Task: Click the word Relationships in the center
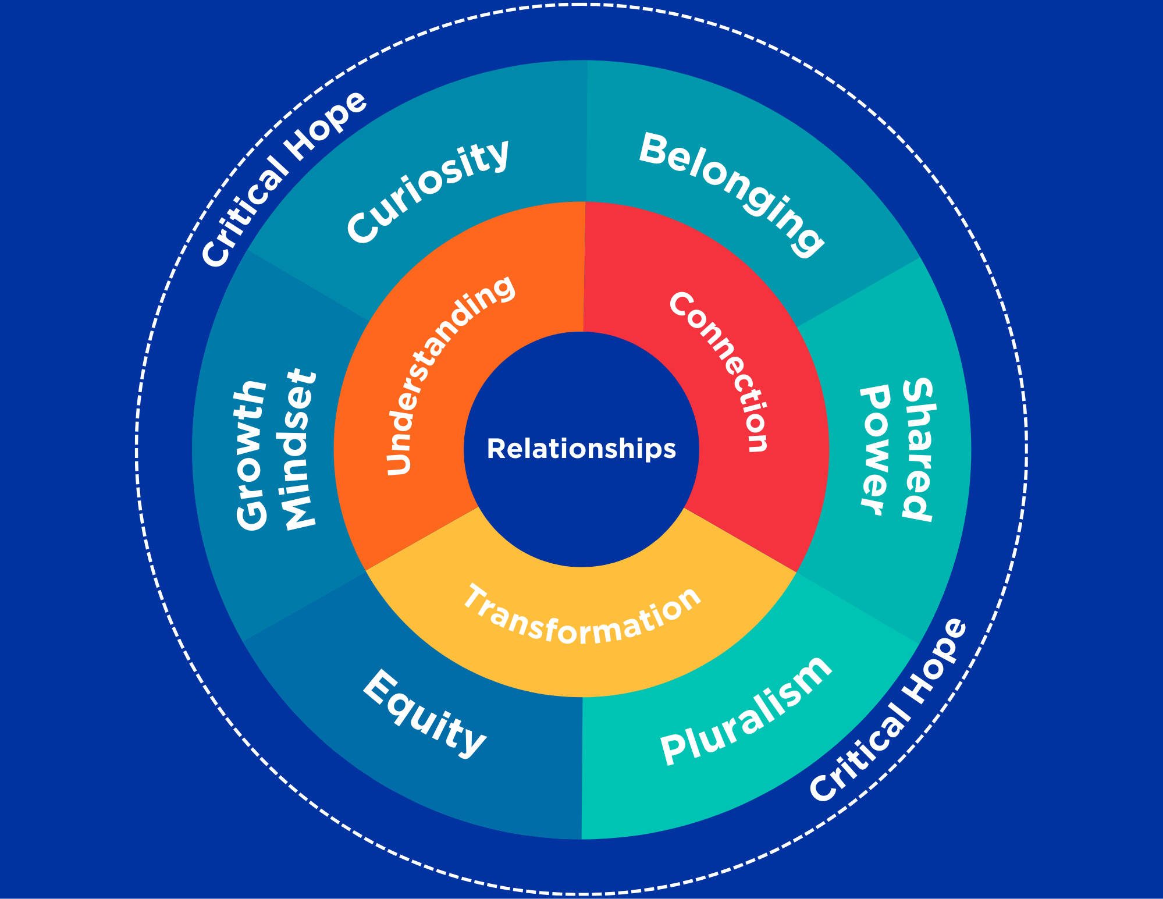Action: coord(581,449)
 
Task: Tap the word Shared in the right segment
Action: coord(918,449)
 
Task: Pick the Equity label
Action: coord(424,713)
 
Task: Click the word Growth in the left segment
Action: coord(251,455)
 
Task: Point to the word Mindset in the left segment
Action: coord(298,449)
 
